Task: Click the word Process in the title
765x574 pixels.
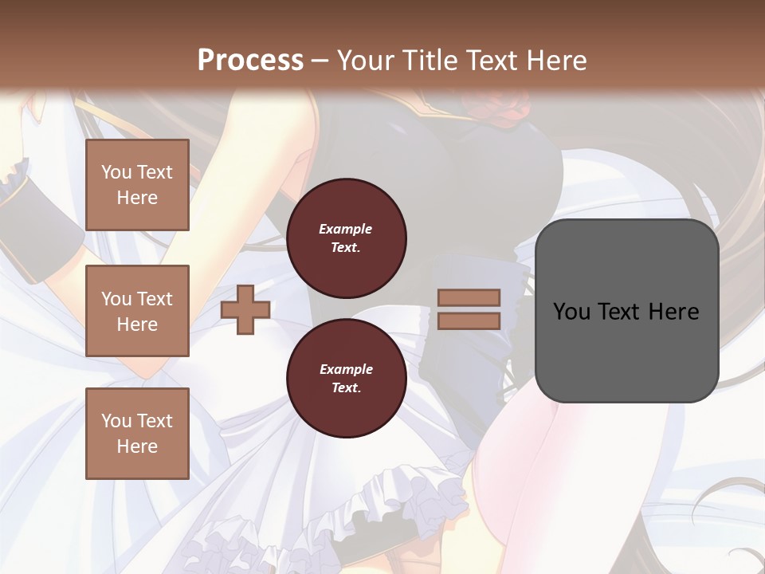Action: [x=250, y=61]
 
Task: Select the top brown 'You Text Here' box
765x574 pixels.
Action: [x=137, y=185]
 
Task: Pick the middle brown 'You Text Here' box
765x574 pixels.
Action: [x=137, y=311]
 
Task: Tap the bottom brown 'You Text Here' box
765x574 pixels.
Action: [x=137, y=433]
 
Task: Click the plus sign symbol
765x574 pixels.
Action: [x=245, y=309]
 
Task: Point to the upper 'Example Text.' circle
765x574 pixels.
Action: [x=346, y=238]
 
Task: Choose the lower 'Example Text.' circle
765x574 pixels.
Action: [x=346, y=379]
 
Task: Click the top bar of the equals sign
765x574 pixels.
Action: [x=469, y=298]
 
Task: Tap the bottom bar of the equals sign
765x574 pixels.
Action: [x=469, y=320]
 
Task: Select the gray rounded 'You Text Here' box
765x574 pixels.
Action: [x=626, y=351]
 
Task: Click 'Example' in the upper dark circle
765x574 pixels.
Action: [x=346, y=229]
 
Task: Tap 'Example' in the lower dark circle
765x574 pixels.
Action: [x=346, y=369]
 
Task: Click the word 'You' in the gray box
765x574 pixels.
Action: [x=572, y=312]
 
